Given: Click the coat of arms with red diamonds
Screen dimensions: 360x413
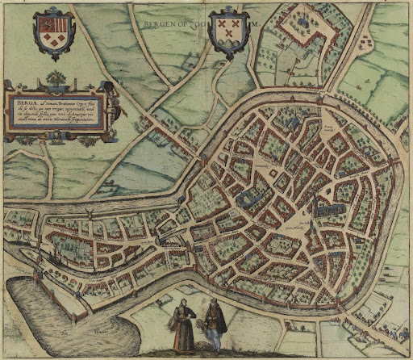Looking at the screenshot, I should pos(52,31).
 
